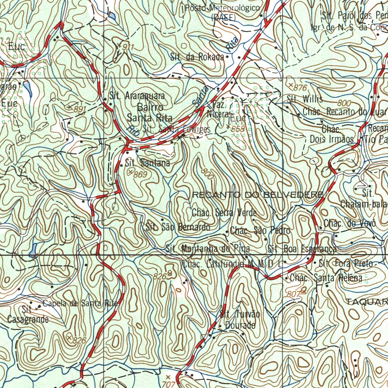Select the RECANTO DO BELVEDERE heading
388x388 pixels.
[x=258, y=195]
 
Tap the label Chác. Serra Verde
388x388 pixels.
[x=224, y=213]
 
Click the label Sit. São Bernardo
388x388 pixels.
[x=178, y=227]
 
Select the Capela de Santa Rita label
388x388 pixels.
[x=80, y=303]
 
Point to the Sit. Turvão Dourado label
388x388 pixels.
[x=240, y=319]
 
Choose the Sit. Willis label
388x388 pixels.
[x=305, y=99]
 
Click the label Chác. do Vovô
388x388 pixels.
[x=349, y=224]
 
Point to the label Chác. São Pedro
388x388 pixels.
[x=260, y=230]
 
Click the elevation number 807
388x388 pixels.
[x=294, y=294]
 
